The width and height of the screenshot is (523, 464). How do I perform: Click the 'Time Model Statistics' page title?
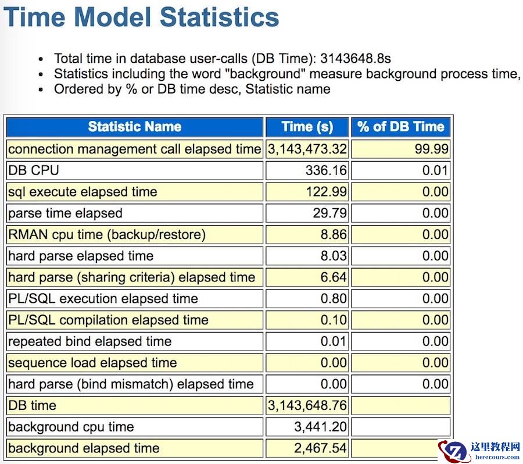[141, 17]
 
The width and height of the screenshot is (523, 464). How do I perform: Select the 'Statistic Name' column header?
[134, 127]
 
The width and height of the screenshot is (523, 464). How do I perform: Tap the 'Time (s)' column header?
[307, 127]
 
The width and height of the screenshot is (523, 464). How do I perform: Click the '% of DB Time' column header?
[400, 127]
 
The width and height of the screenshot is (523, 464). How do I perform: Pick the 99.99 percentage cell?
[432, 149]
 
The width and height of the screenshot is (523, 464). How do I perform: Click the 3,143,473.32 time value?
[307, 149]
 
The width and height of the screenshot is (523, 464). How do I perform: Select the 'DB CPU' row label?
[34, 170]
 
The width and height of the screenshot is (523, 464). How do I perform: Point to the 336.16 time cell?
[326, 170]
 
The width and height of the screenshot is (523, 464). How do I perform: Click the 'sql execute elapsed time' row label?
[83, 192]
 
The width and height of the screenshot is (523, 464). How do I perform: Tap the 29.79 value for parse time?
[329, 213]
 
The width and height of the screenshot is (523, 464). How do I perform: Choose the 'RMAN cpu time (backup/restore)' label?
[107, 234]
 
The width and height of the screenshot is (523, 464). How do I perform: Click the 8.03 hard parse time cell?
[334, 256]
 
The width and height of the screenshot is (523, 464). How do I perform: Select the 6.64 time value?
[334, 277]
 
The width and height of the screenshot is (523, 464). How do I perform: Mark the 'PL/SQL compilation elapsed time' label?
[108, 320]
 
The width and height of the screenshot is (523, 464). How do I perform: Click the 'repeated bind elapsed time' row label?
[89, 341]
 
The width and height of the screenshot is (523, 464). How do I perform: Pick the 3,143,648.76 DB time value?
[307, 405]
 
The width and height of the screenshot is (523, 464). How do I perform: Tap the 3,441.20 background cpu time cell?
[320, 427]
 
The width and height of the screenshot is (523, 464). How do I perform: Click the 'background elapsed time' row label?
[84, 448]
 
